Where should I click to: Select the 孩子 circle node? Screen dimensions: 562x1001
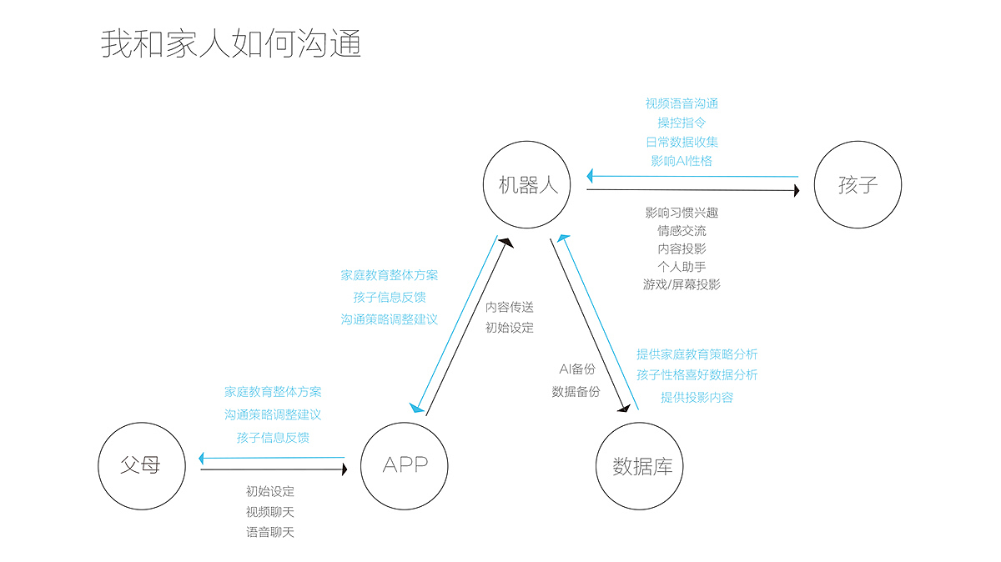[858, 185]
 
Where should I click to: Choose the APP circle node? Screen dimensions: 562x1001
[405, 465]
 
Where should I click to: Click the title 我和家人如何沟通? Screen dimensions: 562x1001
[231, 43]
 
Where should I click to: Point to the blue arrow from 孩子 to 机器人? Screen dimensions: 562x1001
[692, 177]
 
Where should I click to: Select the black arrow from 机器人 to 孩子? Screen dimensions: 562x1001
[692, 190]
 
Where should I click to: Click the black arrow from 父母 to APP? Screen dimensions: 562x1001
[274, 469]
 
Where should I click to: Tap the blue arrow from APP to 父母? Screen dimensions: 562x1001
[272, 457]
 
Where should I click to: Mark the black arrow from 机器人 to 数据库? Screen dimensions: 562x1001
[589, 325]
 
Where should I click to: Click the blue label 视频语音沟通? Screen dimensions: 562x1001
[682, 103]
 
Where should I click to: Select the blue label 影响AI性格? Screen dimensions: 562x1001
[682, 160]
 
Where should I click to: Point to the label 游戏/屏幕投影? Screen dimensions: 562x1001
[682, 284]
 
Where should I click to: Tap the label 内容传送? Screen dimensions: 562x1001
[510, 307]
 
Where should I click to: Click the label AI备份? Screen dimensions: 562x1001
[577, 369]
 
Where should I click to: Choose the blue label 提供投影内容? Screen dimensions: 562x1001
[697, 397]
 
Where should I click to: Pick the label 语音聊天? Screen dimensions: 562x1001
[270, 532]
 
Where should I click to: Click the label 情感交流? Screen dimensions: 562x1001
[682, 230]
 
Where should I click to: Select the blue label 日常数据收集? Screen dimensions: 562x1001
[682, 142]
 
